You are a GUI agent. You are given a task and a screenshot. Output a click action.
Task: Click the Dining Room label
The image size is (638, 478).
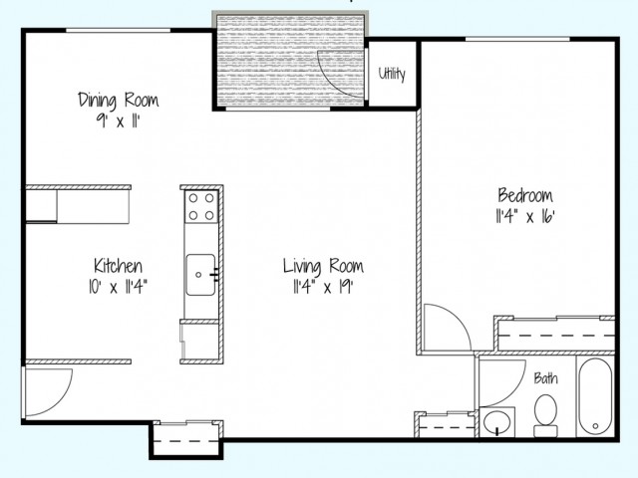pyautogui.click(x=118, y=101)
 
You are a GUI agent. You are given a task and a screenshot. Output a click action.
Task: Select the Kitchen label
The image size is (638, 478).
pyautogui.click(x=118, y=266)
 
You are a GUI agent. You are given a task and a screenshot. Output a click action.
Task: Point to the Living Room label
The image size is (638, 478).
pyautogui.click(x=323, y=267)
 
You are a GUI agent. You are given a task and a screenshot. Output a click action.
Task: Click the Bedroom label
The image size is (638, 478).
pyautogui.click(x=525, y=195)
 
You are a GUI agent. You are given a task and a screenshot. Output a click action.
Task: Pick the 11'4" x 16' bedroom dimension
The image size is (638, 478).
pyautogui.click(x=525, y=217)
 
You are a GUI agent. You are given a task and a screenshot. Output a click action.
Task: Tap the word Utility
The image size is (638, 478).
pyautogui.click(x=392, y=75)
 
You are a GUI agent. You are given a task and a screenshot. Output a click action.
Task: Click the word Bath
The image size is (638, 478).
pyautogui.click(x=545, y=378)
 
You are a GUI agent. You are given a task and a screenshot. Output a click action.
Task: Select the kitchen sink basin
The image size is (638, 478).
pyautogui.click(x=200, y=275)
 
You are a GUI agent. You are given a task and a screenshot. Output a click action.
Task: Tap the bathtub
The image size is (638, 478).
pyautogui.click(x=595, y=397)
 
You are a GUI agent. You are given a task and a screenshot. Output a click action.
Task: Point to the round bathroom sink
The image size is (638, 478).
pyautogui.click(x=497, y=422)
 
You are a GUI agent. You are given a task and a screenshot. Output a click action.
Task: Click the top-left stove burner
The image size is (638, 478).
pyautogui.click(x=193, y=198)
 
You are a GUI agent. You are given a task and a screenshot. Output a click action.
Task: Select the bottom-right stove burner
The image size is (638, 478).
pyautogui.click(x=209, y=215)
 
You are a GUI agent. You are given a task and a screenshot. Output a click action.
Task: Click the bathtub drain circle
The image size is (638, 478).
pyautogui.click(x=595, y=426)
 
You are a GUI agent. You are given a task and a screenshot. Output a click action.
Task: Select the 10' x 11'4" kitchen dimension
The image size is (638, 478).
pyautogui.click(x=118, y=287)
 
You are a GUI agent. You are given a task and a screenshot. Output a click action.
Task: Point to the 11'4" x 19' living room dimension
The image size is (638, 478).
pyautogui.click(x=323, y=287)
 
